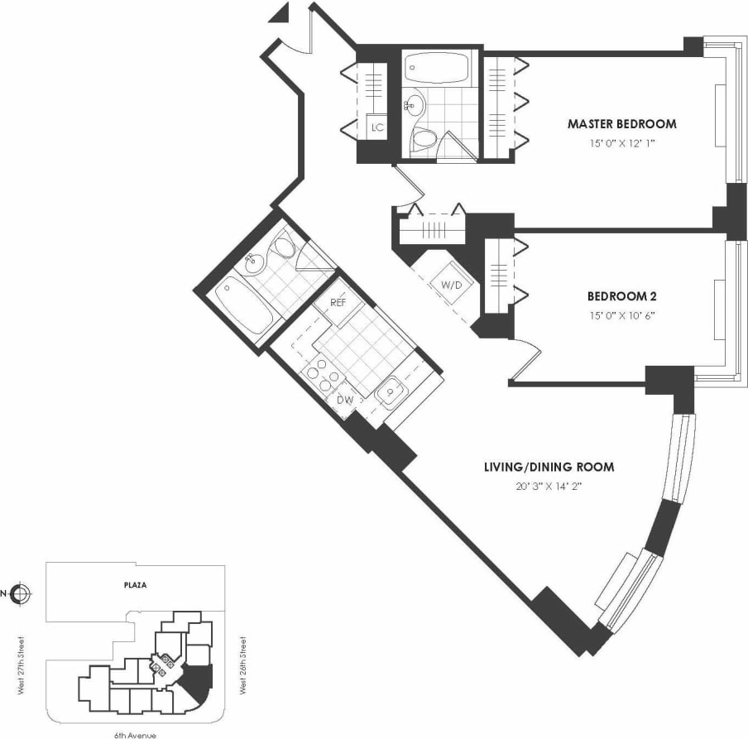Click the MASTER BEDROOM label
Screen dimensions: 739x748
tap(621, 124)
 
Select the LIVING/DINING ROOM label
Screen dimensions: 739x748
tap(549, 467)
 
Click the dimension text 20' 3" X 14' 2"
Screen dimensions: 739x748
tap(549, 485)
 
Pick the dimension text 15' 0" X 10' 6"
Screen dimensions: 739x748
tap(621, 314)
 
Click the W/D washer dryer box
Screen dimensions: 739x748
tap(451, 285)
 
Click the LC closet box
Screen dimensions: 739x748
tap(377, 127)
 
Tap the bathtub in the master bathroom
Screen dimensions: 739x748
tap(436, 66)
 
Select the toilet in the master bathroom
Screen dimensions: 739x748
tap(424, 140)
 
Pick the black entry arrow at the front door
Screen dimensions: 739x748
tap(280, 12)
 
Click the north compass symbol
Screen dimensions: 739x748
tap(22, 593)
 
